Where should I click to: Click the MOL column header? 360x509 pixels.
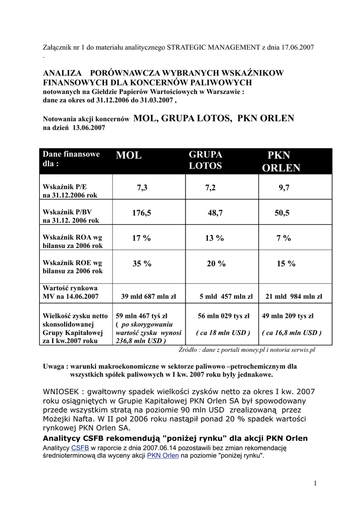tap(129, 156)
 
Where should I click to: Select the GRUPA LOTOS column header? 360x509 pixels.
tap(205, 160)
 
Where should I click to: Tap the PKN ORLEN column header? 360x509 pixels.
tap(281, 162)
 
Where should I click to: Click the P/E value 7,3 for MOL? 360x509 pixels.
tap(142, 187)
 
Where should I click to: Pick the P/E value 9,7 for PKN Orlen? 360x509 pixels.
tap(284, 187)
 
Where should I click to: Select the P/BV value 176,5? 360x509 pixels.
tap(142, 213)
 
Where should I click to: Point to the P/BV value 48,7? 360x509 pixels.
tap(215, 213)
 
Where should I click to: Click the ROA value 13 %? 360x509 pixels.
tap(214, 238)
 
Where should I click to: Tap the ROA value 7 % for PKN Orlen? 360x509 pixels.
tap(283, 238)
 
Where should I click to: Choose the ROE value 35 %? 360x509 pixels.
tap(142, 264)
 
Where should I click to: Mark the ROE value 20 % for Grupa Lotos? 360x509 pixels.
tap(216, 264)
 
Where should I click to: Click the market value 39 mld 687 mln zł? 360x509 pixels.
tap(149, 297)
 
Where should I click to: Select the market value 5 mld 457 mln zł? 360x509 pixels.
tap(226, 297)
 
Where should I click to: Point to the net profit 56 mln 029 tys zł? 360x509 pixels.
tap(224, 315)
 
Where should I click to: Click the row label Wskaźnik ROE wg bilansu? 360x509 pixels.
tap(73, 267)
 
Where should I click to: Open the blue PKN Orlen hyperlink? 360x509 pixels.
tap(163, 455)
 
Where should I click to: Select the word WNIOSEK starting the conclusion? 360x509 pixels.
tap(62, 391)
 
